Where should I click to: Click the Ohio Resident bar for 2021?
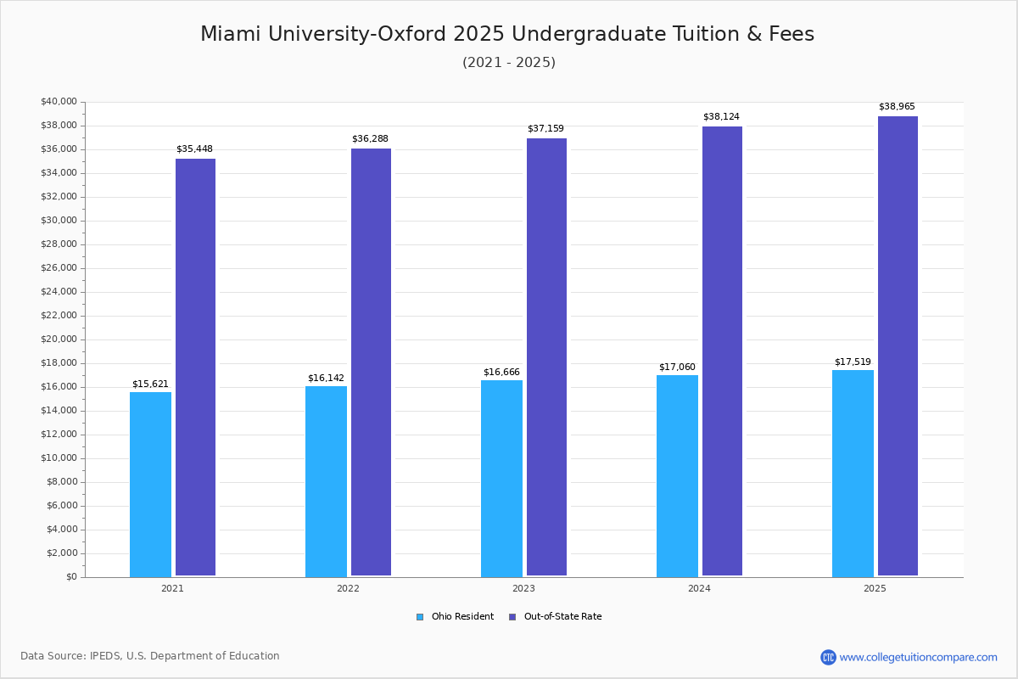coord(150,484)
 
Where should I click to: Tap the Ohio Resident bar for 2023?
coord(501,478)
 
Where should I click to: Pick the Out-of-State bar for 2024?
coord(722,351)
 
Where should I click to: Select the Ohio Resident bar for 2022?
coord(326,481)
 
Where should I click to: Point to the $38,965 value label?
coord(897,107)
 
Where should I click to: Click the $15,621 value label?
coord(151,384)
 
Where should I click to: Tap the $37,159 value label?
coord(545,129)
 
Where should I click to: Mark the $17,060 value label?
coord(677,368)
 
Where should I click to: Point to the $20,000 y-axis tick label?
coord(59,339)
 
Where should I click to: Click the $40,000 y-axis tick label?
coord(59,102)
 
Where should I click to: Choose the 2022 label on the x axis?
coord(348,588)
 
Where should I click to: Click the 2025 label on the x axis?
coord(875,588)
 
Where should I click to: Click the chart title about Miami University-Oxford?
coord(507,34)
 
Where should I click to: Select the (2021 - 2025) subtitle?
coord(509,63)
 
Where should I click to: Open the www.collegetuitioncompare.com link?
coord(918,657)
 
